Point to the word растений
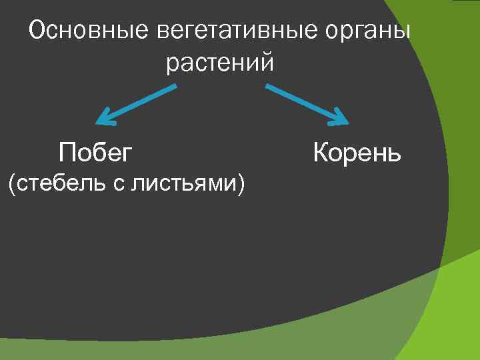click(x=220, y=63)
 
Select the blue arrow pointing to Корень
click(x=307, y=104)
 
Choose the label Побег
click(x=95, y=153)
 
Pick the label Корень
click(x=357, y=153)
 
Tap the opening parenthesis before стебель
click(x=10, y=183)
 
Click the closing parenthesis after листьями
click(x=239, y=183)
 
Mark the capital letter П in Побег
click(x=66, y=153)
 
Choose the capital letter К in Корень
click(x=321, y=153)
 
